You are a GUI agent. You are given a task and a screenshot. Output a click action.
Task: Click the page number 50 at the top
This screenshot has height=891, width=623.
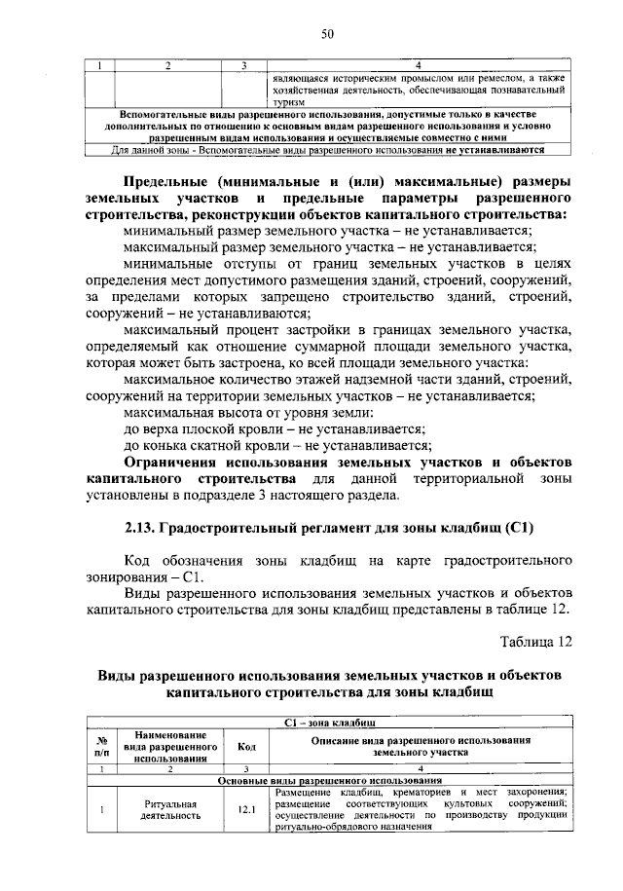click(328, 35)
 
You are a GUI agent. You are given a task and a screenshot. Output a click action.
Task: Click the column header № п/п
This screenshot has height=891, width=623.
click(98, 746)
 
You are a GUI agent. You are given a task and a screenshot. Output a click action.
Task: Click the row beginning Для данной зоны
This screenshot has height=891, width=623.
click(328, 150)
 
